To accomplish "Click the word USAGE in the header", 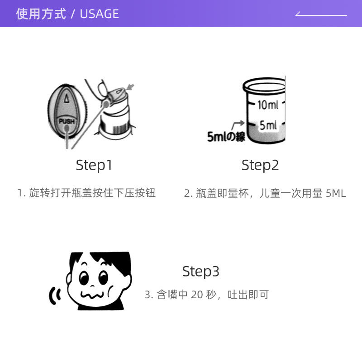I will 99,14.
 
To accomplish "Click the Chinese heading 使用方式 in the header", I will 41,14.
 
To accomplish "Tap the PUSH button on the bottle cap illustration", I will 67,121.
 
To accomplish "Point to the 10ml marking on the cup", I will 268,105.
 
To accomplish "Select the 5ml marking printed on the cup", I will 268,125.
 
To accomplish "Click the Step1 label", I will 94,165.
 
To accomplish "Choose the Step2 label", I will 260,165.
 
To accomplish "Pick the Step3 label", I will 200,271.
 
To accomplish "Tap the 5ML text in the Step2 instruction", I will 336,194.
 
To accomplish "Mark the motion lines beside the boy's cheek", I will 55,296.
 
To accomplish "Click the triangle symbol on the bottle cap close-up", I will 66,98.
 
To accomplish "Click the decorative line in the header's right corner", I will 321,14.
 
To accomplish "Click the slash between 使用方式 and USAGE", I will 72,14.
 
